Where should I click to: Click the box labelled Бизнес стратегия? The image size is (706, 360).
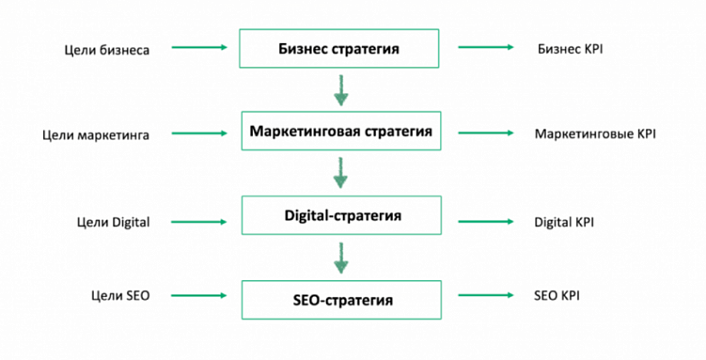(339, 47)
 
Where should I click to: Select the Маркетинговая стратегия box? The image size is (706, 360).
(340, 132)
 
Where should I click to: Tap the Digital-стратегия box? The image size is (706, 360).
(341, 215)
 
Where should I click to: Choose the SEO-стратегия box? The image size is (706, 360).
(341, 300)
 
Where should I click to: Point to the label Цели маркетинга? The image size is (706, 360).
(96, 134)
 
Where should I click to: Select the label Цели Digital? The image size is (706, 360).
(114, 222)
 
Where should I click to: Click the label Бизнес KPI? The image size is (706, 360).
(570, 48)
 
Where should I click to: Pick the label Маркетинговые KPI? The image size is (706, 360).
(595, 134)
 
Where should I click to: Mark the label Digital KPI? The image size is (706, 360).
(564, 222)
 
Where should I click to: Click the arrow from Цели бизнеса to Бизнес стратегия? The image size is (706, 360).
(199, 47)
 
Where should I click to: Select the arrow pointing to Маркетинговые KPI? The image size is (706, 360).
(485, 133)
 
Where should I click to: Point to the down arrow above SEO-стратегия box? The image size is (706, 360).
(340, 257)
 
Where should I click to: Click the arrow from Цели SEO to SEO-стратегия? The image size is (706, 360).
(199, 295)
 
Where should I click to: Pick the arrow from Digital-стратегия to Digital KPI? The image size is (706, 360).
(485, 222)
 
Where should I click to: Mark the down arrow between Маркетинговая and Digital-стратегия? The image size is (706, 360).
(340, 172)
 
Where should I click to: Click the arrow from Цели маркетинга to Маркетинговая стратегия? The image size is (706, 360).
(199, 133)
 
